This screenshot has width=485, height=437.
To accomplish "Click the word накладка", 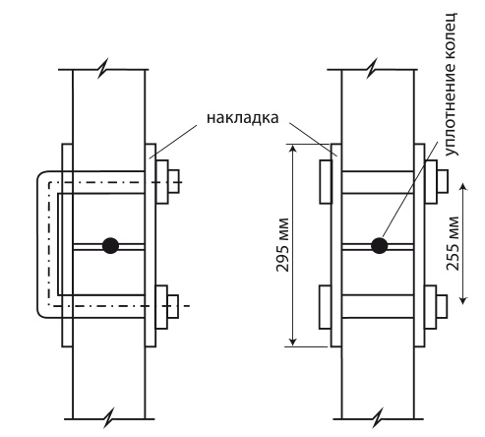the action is pyautogui.click(x=243, y=118).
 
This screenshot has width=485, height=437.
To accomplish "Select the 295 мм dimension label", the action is pyautogui.click(x=282, y=244).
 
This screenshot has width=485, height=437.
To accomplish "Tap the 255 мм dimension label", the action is pyautogui.click(x=453, y=243).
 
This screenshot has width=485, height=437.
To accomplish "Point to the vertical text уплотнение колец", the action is pyautogui.click(x=451, y=85).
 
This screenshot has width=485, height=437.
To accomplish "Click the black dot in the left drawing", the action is pyautogui.click(x=110, y=245).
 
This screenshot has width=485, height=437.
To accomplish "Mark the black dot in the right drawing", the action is pyautogui.click(x=380, y=245).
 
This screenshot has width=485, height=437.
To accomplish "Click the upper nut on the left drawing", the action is pyautogui.click(x=173, y=181).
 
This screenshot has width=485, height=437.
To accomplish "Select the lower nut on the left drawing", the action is pyautogui.click(x=173, y=306).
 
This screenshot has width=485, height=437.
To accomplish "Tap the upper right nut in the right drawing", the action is pyautogui.click(x=442, y=181).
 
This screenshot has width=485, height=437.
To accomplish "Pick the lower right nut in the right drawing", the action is pyautogui.click(x=442, y=306).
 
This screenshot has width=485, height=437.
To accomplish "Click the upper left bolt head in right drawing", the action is pyautogui.click(x=326, y=182).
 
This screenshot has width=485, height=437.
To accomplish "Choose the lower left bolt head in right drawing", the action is pyautogui.click(x=325, y=307).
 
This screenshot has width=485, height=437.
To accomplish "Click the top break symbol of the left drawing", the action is pyautogui.click(x=103, y=69).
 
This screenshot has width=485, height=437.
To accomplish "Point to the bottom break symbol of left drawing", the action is pyautogui.click(x=109, y=418).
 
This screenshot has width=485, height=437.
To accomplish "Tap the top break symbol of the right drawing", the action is pyautogui.click(x=372, y=69).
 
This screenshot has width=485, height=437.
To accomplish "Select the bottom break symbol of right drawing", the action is pyautogui.click(x=379, y=418).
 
